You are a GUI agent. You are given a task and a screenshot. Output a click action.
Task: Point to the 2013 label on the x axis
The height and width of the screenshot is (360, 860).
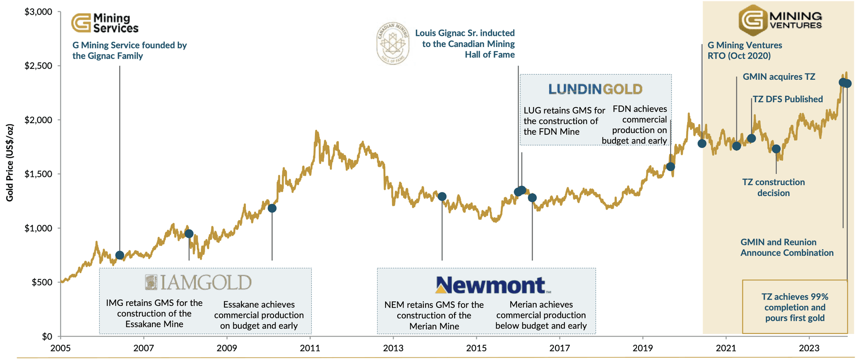393,348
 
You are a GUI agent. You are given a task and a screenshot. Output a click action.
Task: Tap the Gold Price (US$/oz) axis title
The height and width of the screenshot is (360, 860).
9,163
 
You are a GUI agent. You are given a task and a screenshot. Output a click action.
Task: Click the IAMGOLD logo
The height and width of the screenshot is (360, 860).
198,283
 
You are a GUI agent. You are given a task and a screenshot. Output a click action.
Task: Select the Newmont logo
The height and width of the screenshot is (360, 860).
493,285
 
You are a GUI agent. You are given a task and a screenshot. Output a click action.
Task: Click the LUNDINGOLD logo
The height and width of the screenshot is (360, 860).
595,89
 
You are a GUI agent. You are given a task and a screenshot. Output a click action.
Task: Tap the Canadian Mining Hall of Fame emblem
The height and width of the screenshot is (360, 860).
393,43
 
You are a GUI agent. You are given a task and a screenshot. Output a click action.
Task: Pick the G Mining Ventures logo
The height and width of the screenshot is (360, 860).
780,20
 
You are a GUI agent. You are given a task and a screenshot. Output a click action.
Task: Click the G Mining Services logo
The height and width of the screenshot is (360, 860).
105,23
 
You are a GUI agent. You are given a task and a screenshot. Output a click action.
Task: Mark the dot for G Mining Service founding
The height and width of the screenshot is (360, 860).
120,255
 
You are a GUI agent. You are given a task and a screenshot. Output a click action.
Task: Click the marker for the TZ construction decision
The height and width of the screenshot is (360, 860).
776,149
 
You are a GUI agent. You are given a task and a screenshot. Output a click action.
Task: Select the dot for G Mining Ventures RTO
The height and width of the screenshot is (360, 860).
702,143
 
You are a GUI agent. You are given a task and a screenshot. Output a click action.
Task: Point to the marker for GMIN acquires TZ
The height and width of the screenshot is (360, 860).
736,146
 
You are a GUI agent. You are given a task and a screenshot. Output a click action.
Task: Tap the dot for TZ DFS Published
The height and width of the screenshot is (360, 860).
752,138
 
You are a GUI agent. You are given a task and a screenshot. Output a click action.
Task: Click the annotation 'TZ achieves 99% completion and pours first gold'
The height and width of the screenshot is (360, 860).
795,307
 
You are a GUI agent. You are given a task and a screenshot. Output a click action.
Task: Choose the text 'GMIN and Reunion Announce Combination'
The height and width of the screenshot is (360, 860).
787,248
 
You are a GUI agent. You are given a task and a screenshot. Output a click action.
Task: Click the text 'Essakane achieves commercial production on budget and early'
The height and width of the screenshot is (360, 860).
259,315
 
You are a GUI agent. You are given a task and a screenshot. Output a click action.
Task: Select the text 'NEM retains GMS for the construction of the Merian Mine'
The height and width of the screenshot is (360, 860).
434,316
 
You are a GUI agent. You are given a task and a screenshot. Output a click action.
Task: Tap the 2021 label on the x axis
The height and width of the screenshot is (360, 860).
726,348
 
